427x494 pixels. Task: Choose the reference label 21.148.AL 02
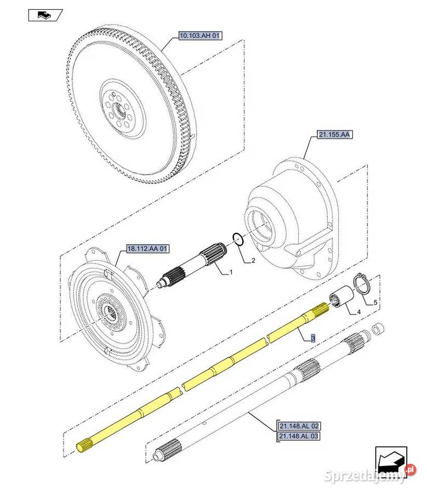click(299, 426)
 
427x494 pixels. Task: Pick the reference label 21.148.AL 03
click(299, 436)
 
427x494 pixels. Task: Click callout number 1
click(231, 272)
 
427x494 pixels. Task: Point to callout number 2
click(253, 261)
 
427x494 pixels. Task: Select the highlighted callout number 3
click(312, 339)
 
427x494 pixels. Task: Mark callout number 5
click(375, 302)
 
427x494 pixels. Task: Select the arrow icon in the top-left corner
click(45, 15)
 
